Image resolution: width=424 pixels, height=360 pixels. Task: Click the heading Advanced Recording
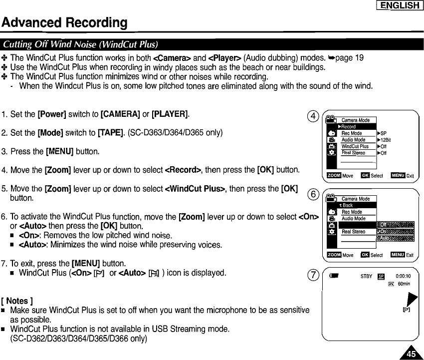tap(64, 23)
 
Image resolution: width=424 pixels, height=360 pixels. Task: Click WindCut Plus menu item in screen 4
tap(355, 146)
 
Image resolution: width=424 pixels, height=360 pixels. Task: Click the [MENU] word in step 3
tap(59, 151)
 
